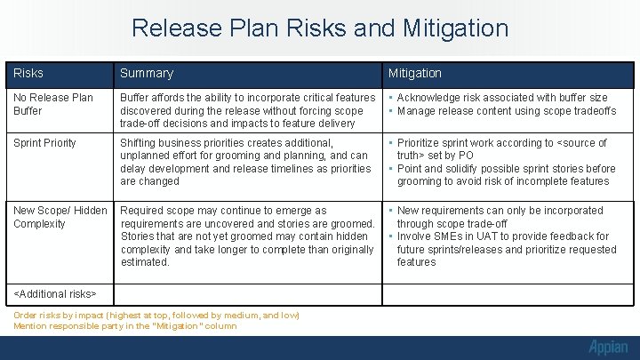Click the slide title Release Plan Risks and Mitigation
tap(320, 28)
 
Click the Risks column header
tap(28, 73)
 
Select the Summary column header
tap(147, 73)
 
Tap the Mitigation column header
tap(414, 73)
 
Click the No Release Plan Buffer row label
tap(53, 104)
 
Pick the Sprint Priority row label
tap(44, 143)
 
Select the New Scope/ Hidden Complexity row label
tap(60, 217)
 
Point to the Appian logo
tap(607, 347)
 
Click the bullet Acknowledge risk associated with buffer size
tap(502, 98)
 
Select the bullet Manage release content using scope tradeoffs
tap(506, 111)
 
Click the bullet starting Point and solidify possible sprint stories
tap(506, 175)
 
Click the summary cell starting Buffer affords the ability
tap(248, 110)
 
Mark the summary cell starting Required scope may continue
tap(248, 236)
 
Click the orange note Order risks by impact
tap(156, 316)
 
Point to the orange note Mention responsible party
tap(125, 326)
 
